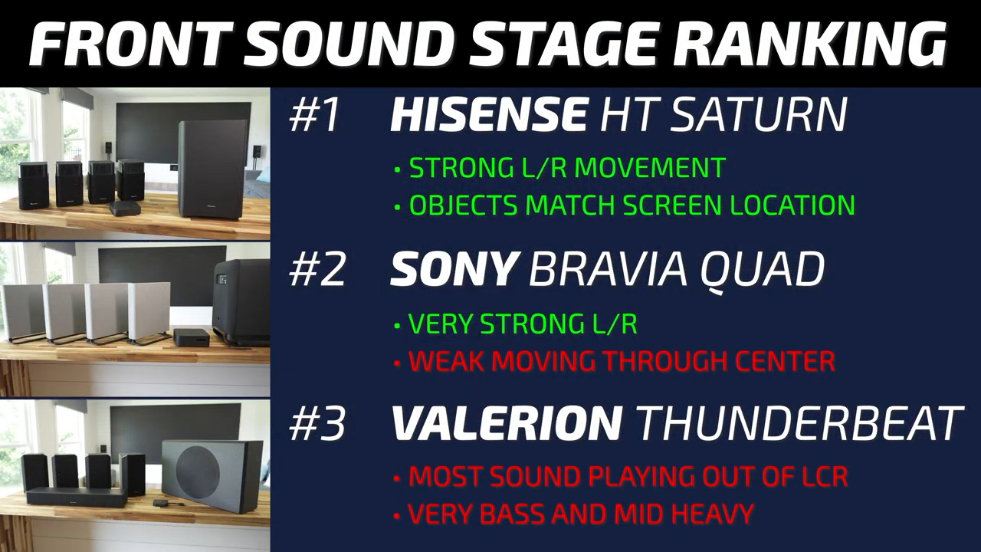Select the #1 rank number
pos(314,115)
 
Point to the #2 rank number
pos(317,270)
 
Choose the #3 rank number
pos(317,423)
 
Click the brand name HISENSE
pos(488,115)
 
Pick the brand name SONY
pos(452,269)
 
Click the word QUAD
pos(765,271)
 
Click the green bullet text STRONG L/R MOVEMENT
pos(567,167)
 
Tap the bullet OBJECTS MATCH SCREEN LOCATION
pos(632,205)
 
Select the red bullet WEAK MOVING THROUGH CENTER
pos(622,361)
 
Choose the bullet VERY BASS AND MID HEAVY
pos(581,514)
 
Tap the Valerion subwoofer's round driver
pos(198,468)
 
